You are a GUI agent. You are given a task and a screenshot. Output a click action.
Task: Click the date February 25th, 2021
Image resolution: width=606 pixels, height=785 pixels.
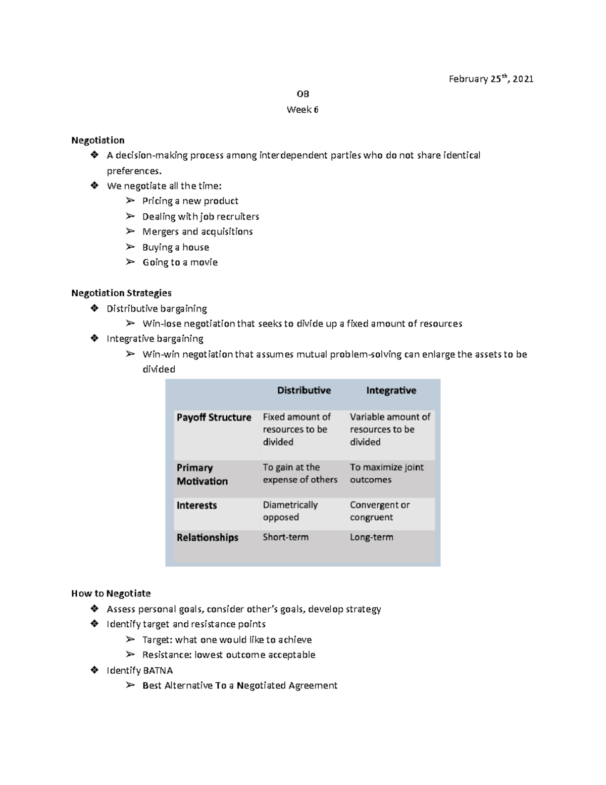(491, 79)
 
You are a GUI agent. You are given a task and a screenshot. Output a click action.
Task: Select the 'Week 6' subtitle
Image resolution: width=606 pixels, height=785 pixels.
(302, 110)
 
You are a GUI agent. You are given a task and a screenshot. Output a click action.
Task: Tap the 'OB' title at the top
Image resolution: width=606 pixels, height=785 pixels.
(302, 94)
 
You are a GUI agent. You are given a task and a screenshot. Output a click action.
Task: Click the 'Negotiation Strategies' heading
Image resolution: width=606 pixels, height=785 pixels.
(121, 293)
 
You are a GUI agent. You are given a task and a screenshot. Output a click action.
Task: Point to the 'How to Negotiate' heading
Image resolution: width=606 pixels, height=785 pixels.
(111, 593)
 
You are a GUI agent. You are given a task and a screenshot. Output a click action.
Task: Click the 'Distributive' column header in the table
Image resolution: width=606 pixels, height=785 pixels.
(304, 391)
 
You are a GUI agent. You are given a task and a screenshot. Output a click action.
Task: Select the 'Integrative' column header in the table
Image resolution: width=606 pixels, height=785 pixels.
(391, 391)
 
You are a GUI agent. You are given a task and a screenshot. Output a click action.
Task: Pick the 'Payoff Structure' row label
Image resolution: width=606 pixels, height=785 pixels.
(214, 418)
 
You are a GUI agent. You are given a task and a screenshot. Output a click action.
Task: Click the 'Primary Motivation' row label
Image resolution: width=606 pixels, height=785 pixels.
(202, 475)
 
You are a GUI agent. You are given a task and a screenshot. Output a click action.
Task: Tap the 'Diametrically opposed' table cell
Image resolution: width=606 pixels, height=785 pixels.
(290, 511)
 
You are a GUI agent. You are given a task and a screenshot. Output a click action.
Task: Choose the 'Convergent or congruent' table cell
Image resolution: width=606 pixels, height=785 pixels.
(380, 511)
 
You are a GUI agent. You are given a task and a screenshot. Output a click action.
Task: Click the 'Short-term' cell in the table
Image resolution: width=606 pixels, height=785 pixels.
(285, 537)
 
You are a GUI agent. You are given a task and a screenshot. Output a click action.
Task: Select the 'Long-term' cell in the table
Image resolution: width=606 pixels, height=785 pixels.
(371, 537)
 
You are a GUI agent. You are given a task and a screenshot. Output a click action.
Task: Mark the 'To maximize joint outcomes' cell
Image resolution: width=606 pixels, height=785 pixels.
(387, 474)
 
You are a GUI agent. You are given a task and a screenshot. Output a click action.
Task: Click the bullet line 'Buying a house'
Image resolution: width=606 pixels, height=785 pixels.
(175, 247)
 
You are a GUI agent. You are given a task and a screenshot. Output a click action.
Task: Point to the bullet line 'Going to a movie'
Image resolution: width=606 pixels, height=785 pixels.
(180, 262)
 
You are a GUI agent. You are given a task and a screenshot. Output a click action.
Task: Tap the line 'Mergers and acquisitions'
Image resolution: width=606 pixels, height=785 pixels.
(197, 232)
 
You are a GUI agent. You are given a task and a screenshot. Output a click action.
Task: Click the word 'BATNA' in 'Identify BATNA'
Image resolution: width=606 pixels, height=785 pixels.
(158, 671)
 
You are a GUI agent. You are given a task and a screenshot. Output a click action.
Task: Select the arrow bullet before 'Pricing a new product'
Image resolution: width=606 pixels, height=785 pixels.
(130, 201)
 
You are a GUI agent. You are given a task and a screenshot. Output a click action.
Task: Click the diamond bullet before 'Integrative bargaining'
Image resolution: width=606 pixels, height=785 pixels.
(94, 339)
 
